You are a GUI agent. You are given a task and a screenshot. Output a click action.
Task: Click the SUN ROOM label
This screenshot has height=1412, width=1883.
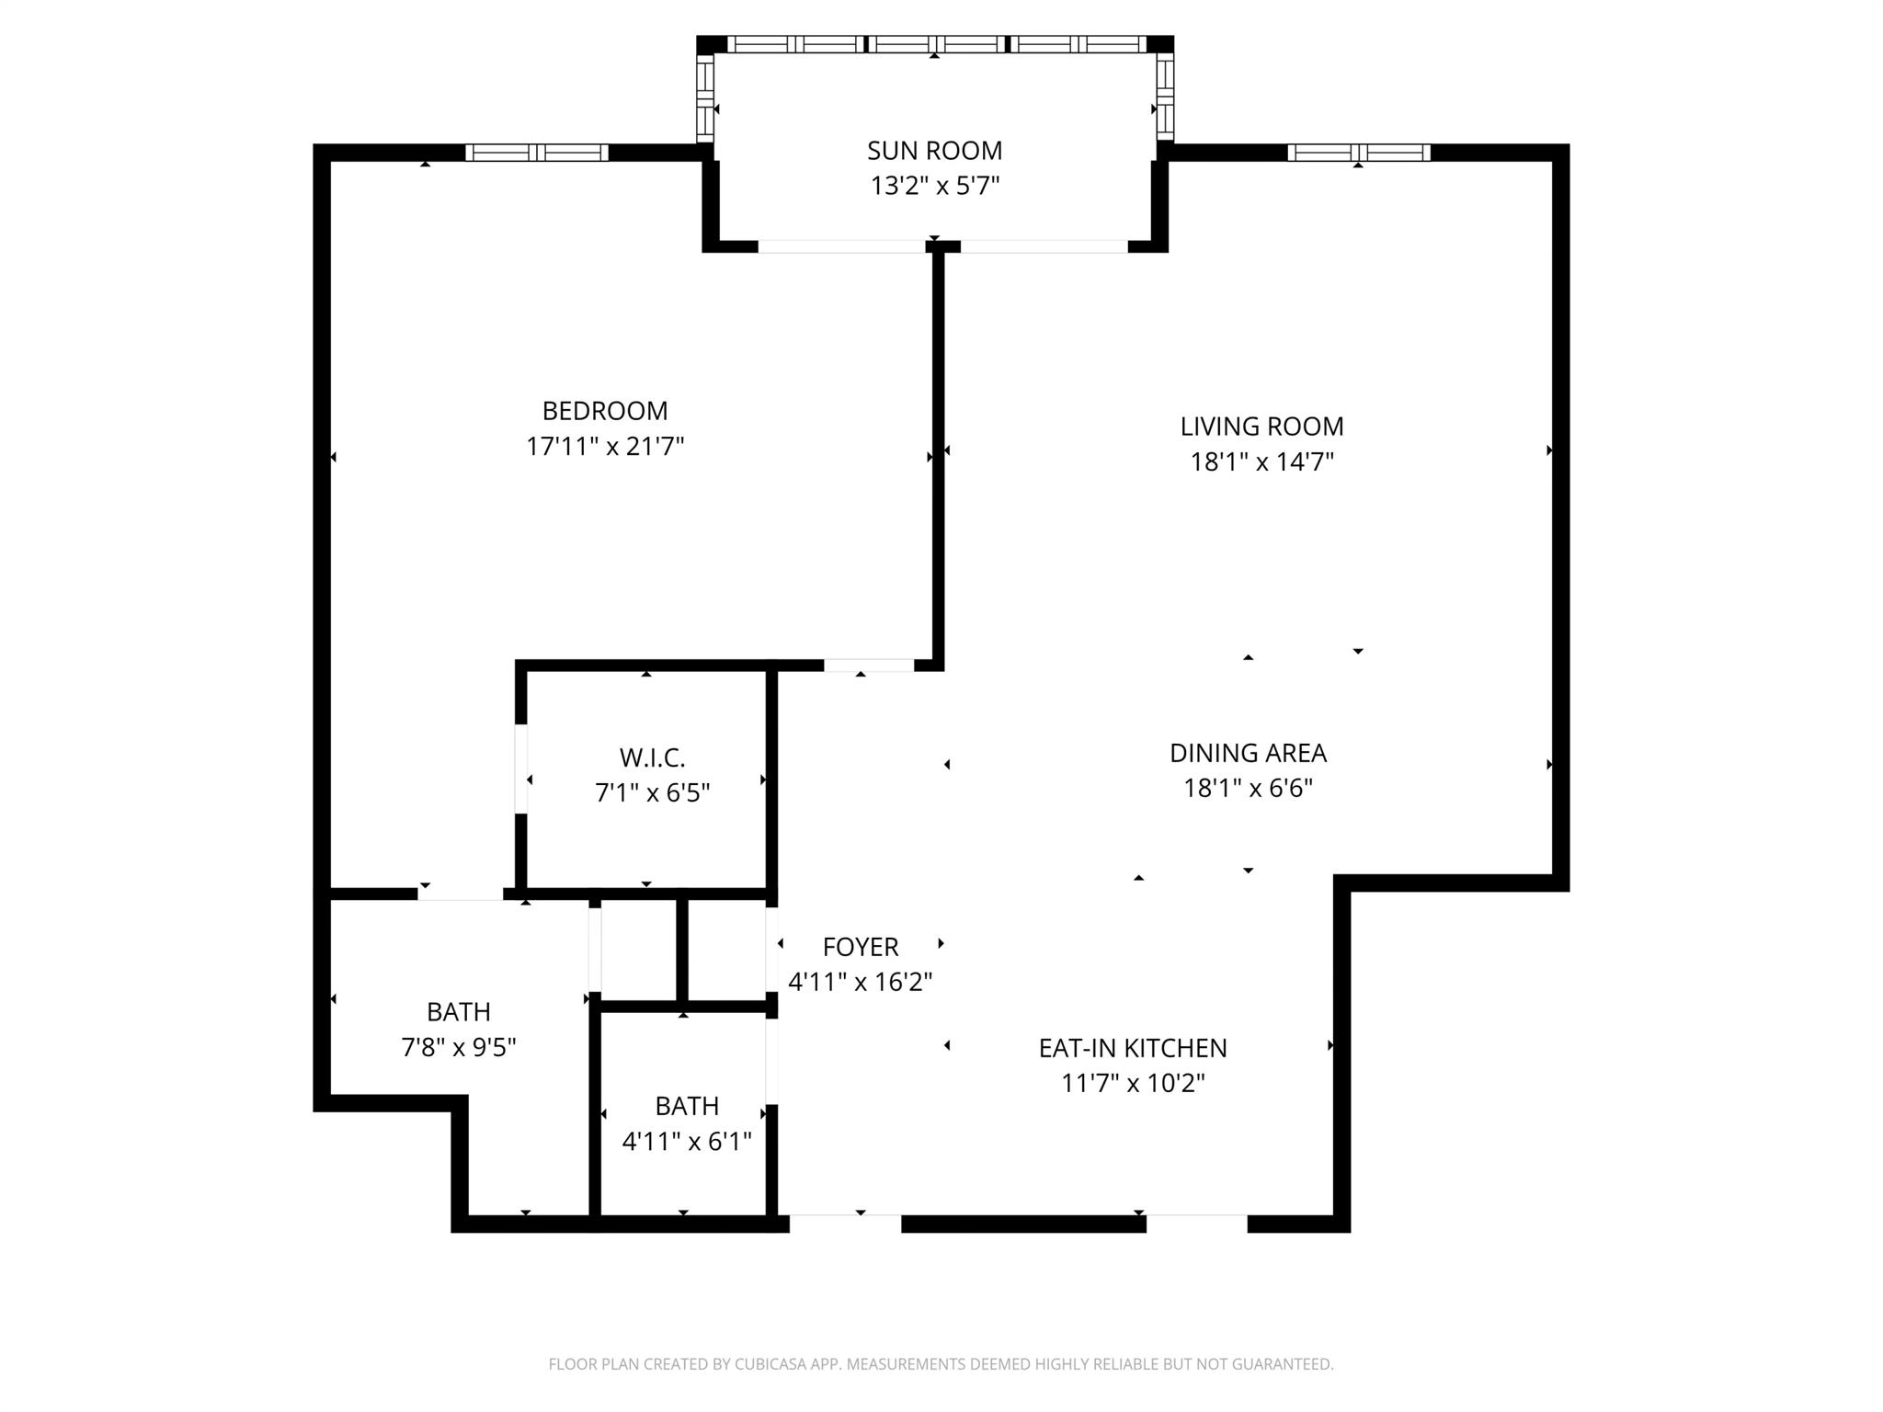[934, 151]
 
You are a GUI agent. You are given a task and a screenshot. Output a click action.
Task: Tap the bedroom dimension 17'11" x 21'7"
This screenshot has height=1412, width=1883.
[605, 447]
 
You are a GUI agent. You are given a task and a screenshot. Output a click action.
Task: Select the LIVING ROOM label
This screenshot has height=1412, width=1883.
[1261, 427]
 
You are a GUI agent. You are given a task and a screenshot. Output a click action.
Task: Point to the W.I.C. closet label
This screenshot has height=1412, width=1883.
[652, 758]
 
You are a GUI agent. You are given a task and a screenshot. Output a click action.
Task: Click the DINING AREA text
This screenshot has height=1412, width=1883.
[1248, 753]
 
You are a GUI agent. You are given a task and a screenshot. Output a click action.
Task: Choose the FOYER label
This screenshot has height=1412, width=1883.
[860, 947]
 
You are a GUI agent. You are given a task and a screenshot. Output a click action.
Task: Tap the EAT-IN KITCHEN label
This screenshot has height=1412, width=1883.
[1132, 1048]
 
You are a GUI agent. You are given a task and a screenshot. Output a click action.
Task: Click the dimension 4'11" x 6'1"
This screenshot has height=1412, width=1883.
[687, 1142]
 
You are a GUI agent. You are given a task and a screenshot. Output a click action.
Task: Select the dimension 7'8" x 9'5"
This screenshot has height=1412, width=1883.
[458, 1048]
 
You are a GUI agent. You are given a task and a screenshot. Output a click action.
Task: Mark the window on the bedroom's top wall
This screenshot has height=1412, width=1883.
[536, 153]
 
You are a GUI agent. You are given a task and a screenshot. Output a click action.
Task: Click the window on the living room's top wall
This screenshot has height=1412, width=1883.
[1358, 153]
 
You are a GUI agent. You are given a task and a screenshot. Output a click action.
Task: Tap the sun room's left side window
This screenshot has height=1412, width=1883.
[705, 97]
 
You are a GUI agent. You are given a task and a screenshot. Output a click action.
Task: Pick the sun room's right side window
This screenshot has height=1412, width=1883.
[1164, 97]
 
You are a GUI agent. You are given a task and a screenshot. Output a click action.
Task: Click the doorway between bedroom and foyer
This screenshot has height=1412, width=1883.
[868, 666]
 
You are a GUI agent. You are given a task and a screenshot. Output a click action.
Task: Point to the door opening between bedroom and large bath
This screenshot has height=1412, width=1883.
[461, 894]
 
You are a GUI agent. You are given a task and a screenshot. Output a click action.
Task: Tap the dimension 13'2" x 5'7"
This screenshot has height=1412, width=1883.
[934, 187]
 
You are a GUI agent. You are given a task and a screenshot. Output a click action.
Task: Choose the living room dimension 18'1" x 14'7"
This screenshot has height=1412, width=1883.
[1261, 462]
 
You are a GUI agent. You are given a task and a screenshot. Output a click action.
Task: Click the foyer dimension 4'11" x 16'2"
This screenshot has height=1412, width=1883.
[860, 983]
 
